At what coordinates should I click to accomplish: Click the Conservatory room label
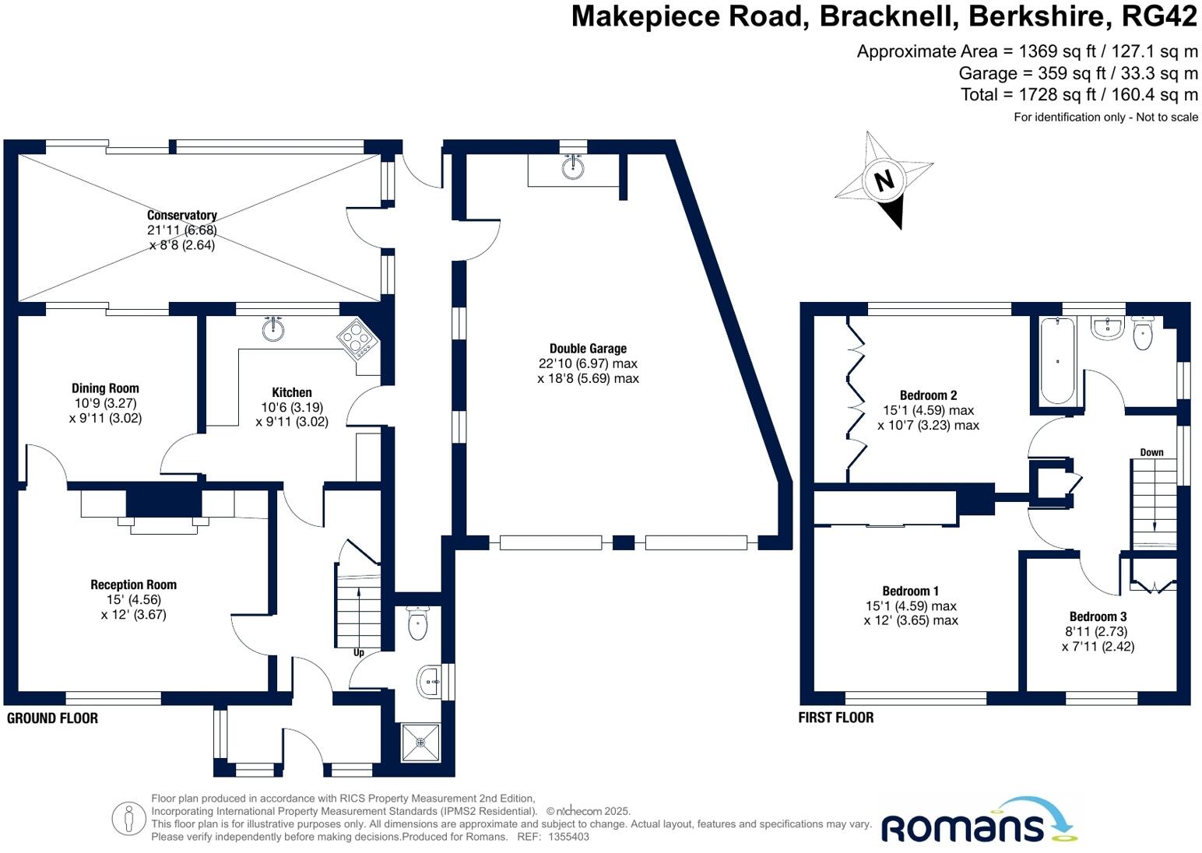[x=181, y=216]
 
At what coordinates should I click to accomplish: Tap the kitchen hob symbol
[x=357, y=339]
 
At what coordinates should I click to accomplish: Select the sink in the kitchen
[x=273, y=329]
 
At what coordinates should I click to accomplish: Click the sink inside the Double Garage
[x=574, y=167]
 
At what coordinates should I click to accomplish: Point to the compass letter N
[x=884, y=181]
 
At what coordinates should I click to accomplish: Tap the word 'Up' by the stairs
[x=359, y=652]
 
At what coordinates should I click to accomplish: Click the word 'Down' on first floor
[x=1151, y=452]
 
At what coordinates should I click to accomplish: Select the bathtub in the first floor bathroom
[x=1057, y=360]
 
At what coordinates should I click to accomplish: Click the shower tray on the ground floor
[x=420, y=742]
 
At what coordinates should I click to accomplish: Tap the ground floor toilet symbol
[x=418, y=623]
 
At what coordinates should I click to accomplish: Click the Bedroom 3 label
[x=1098, y=616]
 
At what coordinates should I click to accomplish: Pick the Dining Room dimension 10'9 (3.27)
[x=105, y=403]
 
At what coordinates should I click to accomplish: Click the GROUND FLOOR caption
[x=52, y=718]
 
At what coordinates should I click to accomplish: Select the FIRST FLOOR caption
[x=835, y=718]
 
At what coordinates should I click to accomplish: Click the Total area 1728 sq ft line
[x=1079, y=95]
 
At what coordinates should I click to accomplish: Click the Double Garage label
[x=588, y=349]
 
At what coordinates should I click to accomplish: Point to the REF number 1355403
[x=568, y=837]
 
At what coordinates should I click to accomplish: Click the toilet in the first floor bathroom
[x=1142, y=335]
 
